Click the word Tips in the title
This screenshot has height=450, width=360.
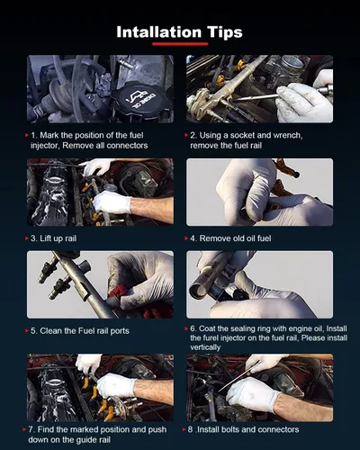pos(224,32)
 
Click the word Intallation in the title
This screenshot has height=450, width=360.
pos(158,31)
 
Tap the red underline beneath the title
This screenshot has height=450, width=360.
pos(180,44)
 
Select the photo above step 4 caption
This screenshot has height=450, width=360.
pos(259,192)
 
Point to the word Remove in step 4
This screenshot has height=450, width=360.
pos(214,238)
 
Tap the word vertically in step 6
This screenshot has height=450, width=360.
pos(205,347)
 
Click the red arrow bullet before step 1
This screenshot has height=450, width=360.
pos(27,136)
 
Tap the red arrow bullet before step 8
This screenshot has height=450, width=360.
pos(184,429)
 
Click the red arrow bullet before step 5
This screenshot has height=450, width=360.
pos(27,331)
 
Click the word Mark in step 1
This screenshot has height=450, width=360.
pos(49,136)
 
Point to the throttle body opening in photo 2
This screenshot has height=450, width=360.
pos(292,63)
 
